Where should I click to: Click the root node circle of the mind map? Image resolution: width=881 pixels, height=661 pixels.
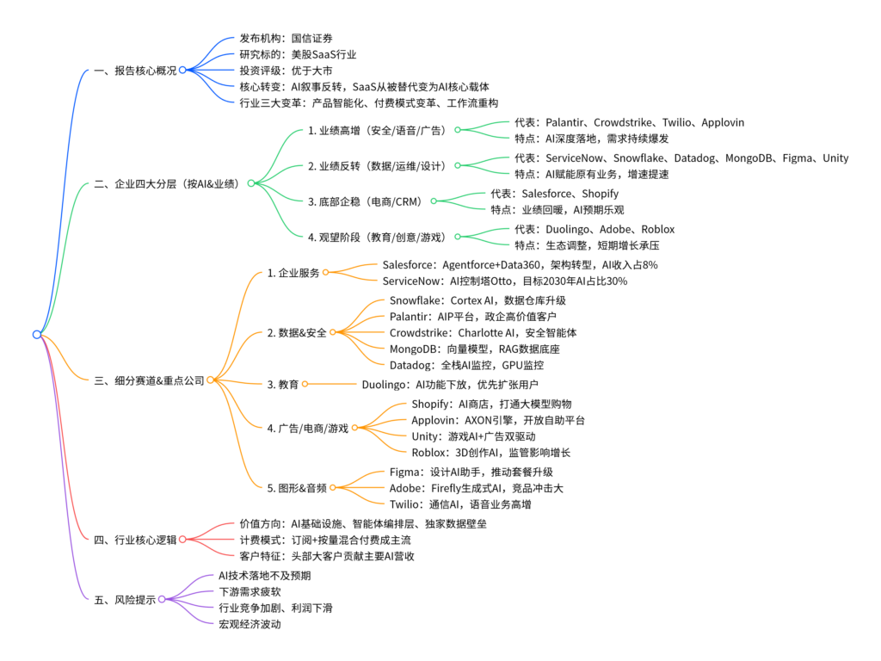coord(37,335)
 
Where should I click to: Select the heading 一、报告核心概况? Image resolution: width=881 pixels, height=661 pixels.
coord(135,71)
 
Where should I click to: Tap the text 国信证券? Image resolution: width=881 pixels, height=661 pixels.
coord(311,38)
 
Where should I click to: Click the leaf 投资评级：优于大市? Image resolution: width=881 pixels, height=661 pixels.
coord(286,71)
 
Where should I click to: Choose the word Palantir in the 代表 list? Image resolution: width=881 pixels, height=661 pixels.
coord(567,122)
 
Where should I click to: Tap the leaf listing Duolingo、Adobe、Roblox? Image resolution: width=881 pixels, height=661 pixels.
coord(595,229)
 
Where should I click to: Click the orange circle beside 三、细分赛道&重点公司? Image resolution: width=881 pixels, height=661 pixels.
coord(210,380)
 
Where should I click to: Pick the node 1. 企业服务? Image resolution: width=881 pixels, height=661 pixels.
coord(293,273)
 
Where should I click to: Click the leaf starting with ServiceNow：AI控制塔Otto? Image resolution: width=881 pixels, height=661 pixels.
coord(505,281)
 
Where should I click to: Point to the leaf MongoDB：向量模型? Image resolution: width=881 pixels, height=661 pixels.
coord(475,349)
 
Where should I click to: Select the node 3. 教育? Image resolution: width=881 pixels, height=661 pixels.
coord(282,385)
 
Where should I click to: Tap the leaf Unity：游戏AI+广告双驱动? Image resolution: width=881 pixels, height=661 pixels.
coord(474,436)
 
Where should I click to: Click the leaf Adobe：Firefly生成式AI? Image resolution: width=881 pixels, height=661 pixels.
coord(477,489)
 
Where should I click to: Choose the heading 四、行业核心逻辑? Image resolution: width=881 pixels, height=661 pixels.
coord(135,541)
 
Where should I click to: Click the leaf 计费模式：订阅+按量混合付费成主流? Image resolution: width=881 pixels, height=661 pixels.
coord(325,541)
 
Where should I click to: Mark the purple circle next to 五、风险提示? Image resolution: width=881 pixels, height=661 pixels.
coord(162,599)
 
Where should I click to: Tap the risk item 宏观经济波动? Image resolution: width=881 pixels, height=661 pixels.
coord(250,625)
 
